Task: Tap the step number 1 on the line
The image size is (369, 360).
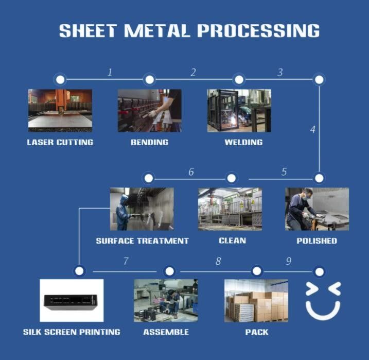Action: point(110,72)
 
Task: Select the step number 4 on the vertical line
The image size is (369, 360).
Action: point(312,129)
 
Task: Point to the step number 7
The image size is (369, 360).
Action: point(126,262)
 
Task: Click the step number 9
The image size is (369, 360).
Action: point(289,262)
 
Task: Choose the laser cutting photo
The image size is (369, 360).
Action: point(60,110)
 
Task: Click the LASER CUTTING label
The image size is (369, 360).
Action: point(60,142)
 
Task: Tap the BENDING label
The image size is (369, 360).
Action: point(149,142)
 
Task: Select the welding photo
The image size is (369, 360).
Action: point(239,110)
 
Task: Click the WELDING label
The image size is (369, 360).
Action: point(243,142)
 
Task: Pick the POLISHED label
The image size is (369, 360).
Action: point(317,241)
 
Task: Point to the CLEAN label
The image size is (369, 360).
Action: point(232,241)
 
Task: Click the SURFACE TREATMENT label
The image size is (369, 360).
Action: point(142,241)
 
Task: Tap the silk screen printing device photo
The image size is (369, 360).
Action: point(72,300)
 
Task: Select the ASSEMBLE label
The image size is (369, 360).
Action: point(166,332)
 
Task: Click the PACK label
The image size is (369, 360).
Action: point(256,332)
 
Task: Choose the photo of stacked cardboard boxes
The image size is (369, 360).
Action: point(256,300)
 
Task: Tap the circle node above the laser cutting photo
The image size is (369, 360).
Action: point(60,79)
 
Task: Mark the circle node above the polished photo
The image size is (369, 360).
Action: point(319,178)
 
